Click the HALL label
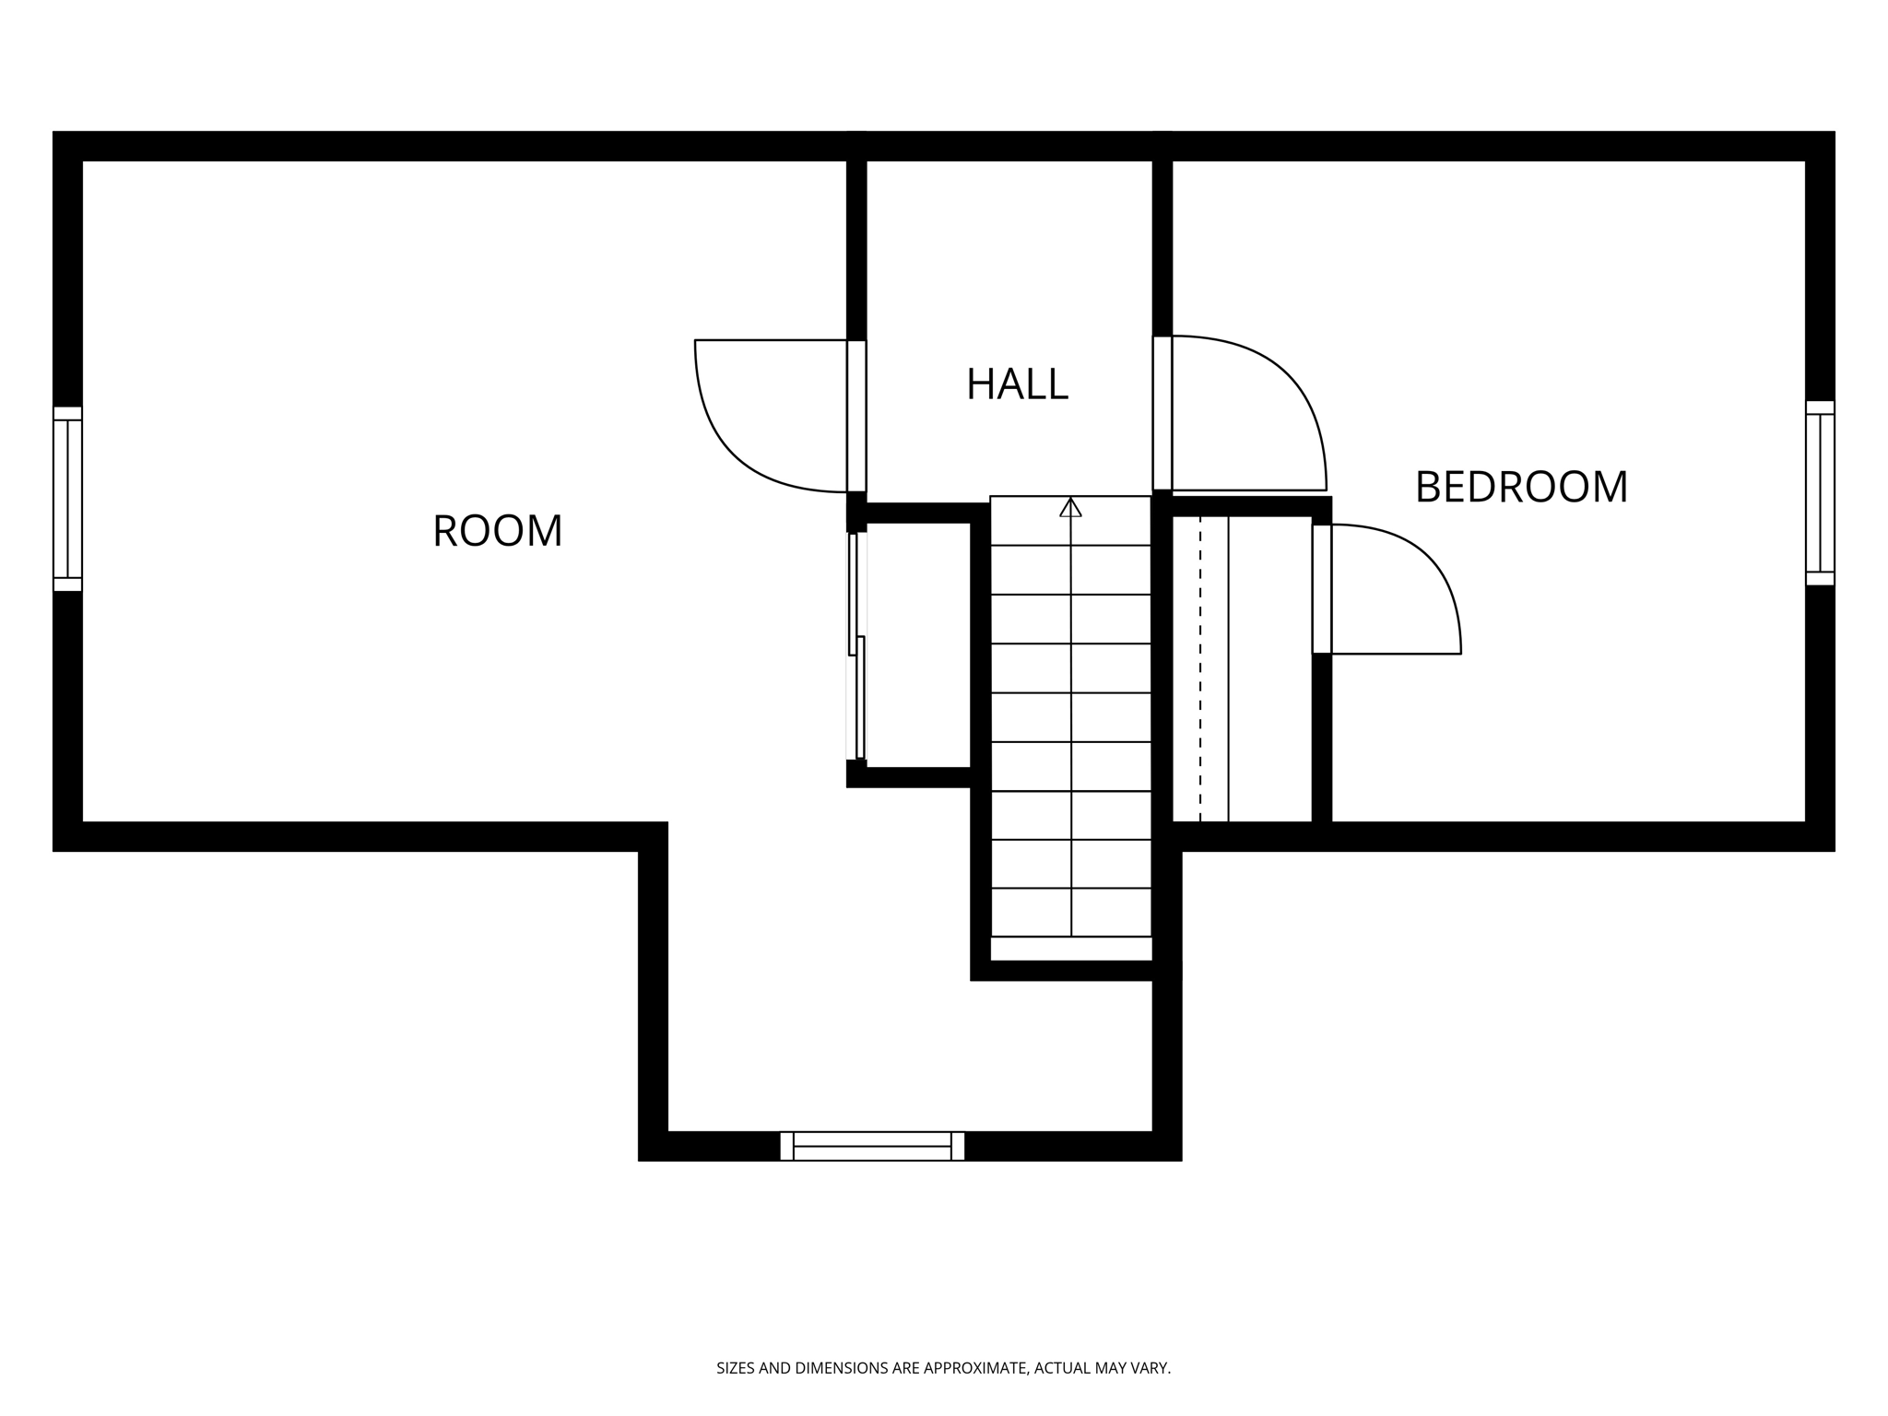(x=1017, y=384)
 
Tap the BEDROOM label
(x=1521, y=488)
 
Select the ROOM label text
(x=497, y=531)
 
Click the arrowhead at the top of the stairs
(x=1070, y=506)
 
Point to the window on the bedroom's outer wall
(x=1820, y=492)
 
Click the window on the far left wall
(x=67, y=499)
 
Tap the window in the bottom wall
(x=872, y=1146)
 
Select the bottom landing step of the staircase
(x=1070, y=949)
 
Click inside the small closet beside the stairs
(x=917, y=645)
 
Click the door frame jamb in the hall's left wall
(x=856, y=416)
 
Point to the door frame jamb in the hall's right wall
(x=1162, y=413)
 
